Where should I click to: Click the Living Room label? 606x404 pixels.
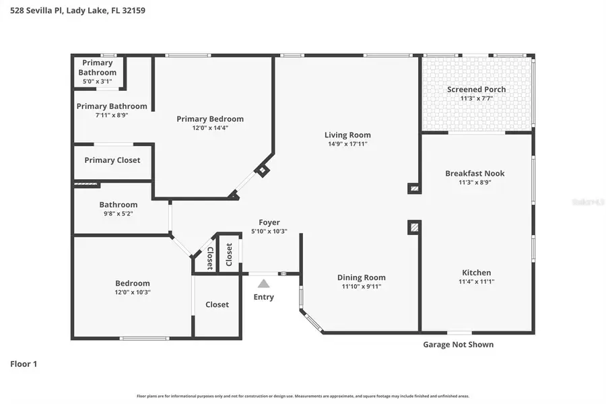click(347, 135)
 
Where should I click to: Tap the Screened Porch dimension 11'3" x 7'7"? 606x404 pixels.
click(476, 98)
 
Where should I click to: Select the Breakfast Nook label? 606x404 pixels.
click(474, 173)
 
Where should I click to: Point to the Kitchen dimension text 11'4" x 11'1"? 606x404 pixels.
click(476, 281)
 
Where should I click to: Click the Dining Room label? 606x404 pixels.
click(361, 277)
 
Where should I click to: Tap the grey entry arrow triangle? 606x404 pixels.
click(264, 283)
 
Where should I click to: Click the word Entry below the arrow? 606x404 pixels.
click(264, 297)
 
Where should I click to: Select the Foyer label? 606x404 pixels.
click(269, 222)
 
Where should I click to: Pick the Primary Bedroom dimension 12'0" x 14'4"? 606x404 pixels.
click(210, 128)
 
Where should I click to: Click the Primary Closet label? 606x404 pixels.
click(112, 160)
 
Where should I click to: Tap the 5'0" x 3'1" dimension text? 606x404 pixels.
click(97, 81)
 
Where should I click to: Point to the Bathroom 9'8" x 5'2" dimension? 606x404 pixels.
click(118, 213)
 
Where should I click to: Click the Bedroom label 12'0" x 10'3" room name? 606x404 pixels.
click(132, 283)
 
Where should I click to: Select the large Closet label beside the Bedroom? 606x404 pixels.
click(217, 304)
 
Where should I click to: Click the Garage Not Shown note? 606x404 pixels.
click(458, 344)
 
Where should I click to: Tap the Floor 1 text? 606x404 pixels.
click(24, 364)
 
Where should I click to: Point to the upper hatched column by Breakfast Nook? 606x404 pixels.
click(414, 189)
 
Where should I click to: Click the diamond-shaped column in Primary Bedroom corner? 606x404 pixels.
click(262, 170)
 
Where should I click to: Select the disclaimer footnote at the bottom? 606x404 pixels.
click(303, 396)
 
